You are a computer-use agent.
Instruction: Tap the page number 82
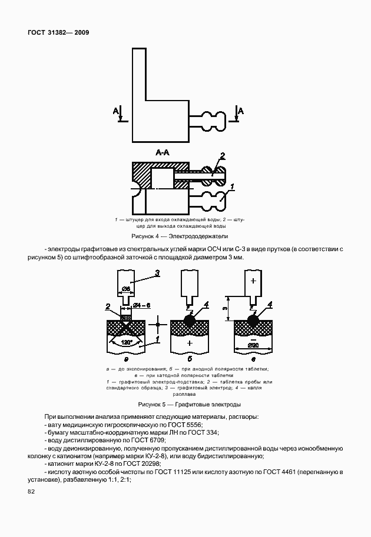tap(31, 492)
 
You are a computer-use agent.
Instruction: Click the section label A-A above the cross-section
tap(163, 153)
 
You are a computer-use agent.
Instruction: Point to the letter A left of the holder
tap(115, 111)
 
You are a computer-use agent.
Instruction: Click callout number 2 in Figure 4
tap(222, 156)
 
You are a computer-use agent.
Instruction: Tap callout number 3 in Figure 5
tap(157, 272)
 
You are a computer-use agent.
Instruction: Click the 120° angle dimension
tap(125, 342)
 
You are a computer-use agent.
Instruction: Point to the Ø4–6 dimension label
tap(142, 305)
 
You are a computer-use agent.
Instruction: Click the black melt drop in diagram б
tap(190, 320)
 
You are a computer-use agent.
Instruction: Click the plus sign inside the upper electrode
tap(253, 281)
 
